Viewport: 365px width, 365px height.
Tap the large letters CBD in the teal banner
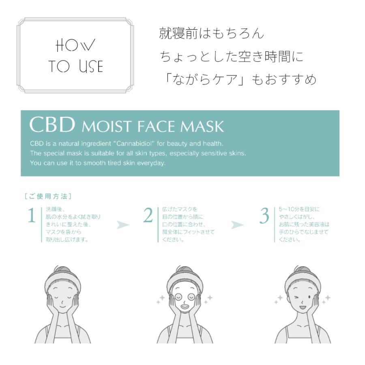[52, 126]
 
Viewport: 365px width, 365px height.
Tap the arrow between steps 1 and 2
[123, 225]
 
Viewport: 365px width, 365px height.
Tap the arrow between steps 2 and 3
[238, 225]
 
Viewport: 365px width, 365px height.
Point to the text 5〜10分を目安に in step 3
[299, 209]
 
